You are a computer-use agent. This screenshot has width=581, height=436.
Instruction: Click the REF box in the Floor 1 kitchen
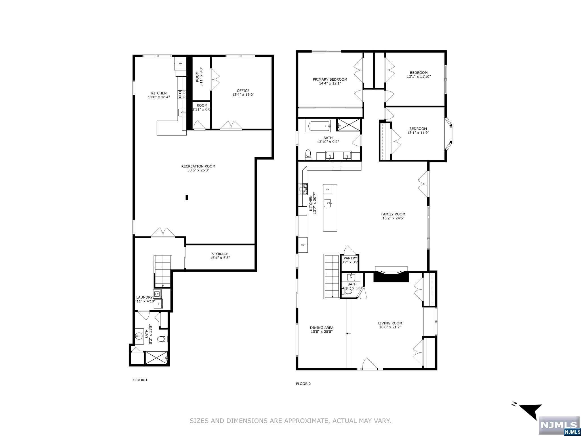pos(180,64)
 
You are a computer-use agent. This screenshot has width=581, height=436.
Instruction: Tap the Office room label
pos(243,91)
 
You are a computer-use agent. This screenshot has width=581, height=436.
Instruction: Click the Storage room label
pos(220,254)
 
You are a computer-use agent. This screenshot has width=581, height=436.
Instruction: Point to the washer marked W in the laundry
pos(158,294)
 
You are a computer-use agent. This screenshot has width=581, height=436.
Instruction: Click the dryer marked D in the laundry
pos(158,304)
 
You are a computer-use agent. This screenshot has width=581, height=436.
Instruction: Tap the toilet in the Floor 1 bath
pos(162,339)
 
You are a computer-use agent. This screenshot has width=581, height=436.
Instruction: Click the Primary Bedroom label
pos(330,79)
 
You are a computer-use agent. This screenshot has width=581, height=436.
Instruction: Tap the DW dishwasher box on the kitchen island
pos(328,189)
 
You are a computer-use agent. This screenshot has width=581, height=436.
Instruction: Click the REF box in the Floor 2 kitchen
pos(303,245)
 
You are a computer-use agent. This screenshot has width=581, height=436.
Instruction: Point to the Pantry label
pos(350,258)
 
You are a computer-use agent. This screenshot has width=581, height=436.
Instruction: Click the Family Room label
pos(393,214)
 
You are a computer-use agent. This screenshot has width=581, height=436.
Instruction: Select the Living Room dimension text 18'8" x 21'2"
pos(390,327)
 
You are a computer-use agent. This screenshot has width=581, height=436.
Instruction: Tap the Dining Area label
pos(322,328)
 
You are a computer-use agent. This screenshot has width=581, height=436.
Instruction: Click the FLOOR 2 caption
pos(304,384)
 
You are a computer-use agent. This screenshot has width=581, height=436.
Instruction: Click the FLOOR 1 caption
pos(140,380)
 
